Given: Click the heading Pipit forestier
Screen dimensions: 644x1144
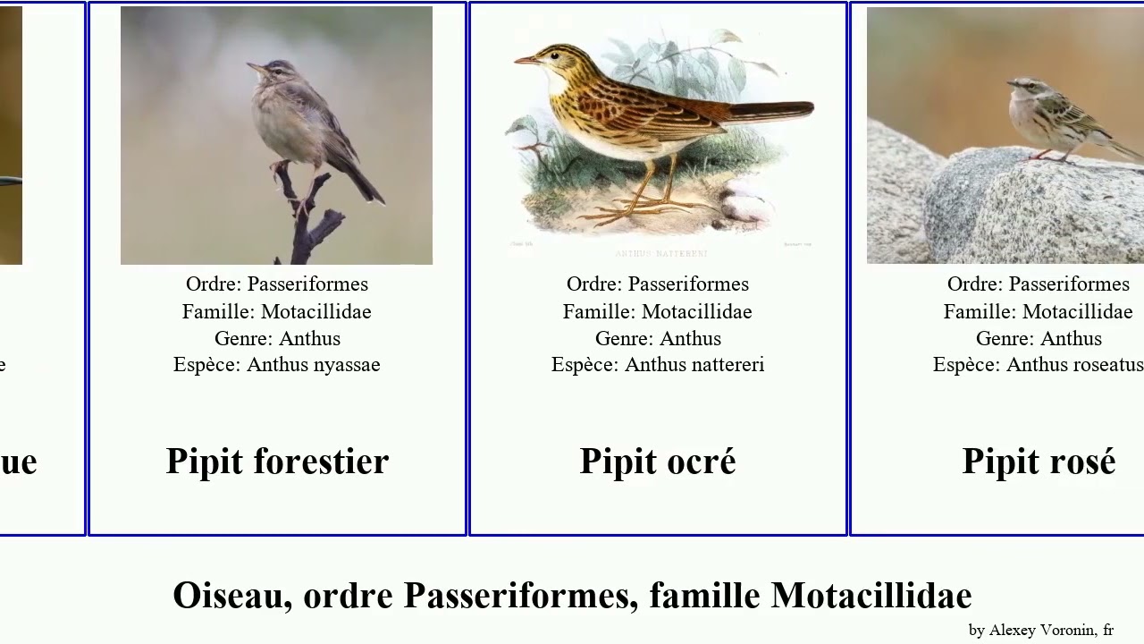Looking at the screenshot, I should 277,462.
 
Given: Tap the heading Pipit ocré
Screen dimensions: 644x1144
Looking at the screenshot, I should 658,462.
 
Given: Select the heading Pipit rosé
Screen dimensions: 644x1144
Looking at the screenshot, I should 1039,462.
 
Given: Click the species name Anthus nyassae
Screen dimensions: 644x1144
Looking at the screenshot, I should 313,365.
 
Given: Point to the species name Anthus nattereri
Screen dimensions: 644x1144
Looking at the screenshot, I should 694,365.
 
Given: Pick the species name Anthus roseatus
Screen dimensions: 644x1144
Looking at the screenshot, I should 1074,365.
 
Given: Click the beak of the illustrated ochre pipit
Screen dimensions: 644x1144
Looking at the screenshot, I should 526,60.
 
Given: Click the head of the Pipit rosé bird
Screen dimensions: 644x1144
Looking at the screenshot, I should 1022,86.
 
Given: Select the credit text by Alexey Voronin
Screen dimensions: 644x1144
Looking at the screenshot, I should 1040,630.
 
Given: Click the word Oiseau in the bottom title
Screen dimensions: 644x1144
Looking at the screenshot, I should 231,596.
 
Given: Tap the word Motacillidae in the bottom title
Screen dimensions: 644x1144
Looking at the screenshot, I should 871,596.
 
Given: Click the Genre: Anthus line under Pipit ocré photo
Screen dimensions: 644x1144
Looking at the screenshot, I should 658,338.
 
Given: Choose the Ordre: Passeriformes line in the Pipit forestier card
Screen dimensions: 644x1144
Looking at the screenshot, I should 277,284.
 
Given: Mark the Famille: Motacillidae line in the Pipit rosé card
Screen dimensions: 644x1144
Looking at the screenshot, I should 1039,311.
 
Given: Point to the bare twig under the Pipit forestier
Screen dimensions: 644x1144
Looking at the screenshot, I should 308,224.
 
